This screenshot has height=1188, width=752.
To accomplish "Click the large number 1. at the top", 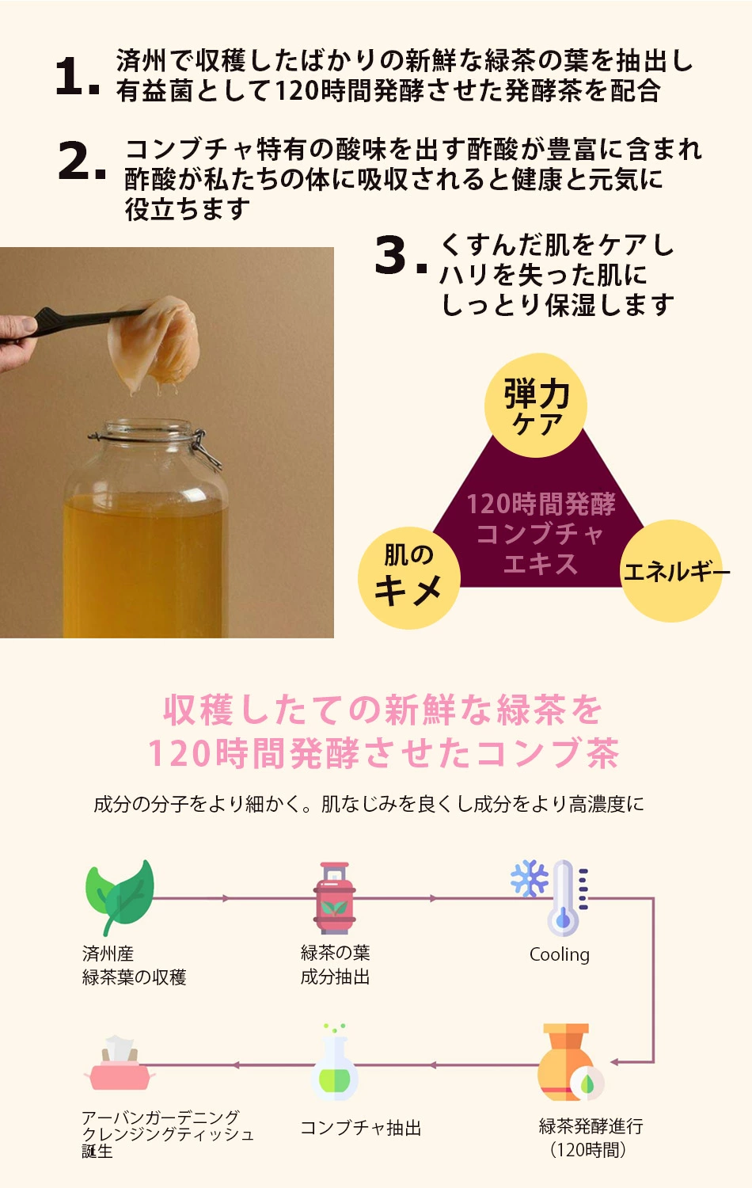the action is click(78, 77).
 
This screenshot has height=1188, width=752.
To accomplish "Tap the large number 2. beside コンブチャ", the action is click(82, 160).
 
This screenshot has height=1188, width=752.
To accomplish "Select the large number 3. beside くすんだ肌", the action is click(401, 256).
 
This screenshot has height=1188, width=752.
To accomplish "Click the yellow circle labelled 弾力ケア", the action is click(536, 406).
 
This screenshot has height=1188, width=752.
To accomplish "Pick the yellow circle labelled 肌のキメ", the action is click(409, 577).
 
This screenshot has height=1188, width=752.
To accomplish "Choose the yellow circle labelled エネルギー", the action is click(671, 571).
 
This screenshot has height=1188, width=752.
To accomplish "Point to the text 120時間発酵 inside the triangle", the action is click(541, 504).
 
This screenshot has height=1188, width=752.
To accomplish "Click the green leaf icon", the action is click(120, 897).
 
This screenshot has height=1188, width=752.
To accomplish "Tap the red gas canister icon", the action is click(334, 898).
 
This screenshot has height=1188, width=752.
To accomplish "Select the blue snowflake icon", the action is click(529, 878).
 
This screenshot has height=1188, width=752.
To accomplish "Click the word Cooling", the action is click(560, 954).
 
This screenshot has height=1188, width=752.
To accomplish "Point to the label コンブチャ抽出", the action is click(361, 1128).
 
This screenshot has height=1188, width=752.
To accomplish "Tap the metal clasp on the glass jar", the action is click(207, 450).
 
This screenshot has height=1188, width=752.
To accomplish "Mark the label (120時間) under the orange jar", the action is click(588, 1150).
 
